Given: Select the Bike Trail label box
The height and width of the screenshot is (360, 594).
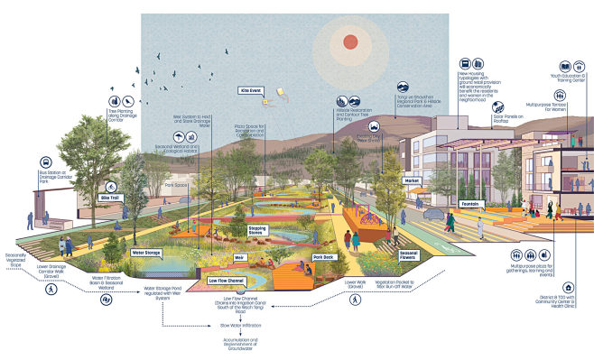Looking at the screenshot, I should pyautogui.click(x=109, y=196).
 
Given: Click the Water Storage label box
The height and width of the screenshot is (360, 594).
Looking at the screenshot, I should pyautogui.click(x=145, y=254).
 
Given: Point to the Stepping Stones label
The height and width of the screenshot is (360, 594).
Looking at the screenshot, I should pyautogui.click(x=262, y=232).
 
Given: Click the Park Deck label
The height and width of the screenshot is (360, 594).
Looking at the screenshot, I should pyautogui.click(x=324, y=257).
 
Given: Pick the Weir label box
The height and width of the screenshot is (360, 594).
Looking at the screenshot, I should pyautogui.click(x=215, y=257).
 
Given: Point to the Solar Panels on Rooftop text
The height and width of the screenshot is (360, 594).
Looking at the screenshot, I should pyautogui.click(x=508, y=117).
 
